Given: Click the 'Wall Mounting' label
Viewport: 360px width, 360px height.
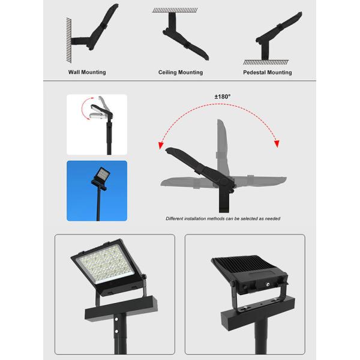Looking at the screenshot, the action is (87, 72).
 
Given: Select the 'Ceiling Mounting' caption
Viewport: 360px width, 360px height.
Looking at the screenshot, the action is (181, 73).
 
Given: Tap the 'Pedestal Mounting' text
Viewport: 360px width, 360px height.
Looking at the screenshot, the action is (268, 73).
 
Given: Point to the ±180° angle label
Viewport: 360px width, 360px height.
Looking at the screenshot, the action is (223, 97).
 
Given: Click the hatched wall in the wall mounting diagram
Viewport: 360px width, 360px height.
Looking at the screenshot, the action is (69, 40).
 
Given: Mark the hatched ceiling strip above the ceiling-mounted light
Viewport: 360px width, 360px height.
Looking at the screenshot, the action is (175, 10).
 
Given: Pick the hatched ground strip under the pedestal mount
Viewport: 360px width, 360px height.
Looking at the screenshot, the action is (266, 62).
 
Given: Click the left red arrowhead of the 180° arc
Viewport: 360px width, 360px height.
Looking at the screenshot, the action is (161, 146).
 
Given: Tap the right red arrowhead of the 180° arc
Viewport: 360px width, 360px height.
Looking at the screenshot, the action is (277, 144).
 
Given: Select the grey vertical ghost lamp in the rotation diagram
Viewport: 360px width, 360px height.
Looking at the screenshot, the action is (222, 147).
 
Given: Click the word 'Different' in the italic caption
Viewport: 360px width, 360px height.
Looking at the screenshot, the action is (175, 218).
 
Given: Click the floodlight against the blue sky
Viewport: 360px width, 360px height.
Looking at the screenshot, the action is (101, 177).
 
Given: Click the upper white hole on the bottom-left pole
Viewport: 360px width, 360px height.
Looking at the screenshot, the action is (116, 319).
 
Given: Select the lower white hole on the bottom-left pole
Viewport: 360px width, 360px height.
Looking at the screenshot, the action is (116, 331).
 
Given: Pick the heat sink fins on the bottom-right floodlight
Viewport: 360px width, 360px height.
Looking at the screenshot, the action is (244, 263).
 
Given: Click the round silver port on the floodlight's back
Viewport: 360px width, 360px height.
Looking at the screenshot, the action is (268, 284).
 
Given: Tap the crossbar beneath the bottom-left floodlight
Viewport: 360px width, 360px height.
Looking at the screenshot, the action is (121, 308).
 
